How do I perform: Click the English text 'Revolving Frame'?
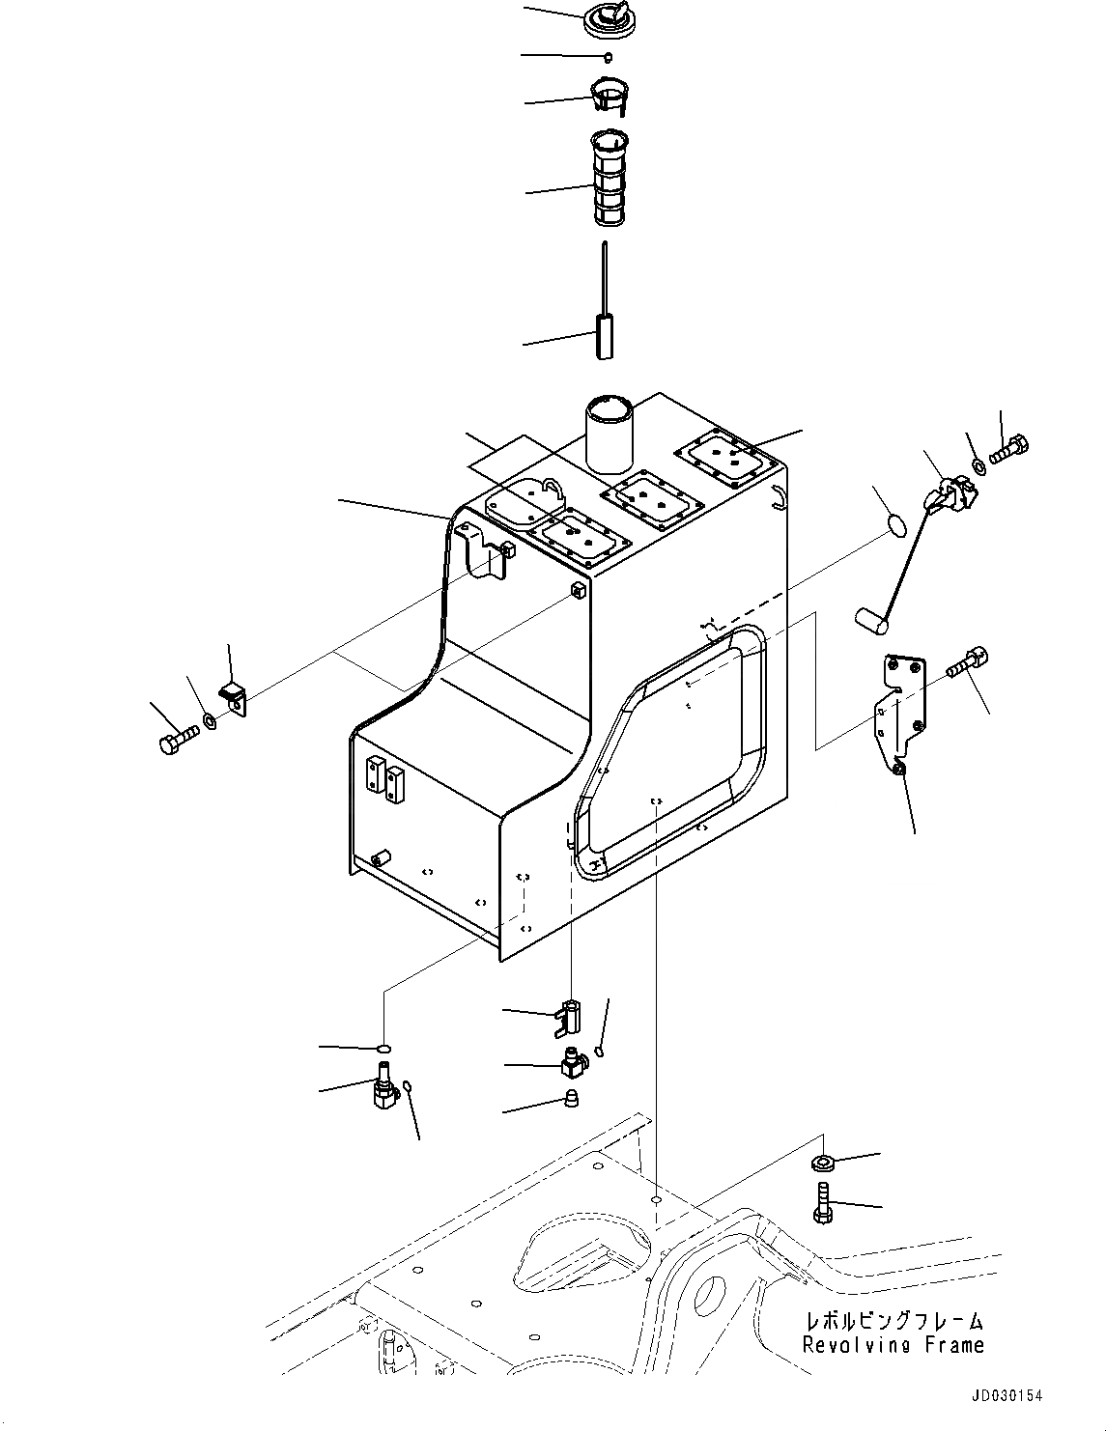(893, 1345)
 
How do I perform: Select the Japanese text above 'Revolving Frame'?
(894, 1321)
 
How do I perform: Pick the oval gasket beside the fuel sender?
(896, 524)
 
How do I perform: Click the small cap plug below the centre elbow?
(571, 1100)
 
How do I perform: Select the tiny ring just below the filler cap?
(608, 56)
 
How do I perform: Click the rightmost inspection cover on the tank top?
(726, 455)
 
